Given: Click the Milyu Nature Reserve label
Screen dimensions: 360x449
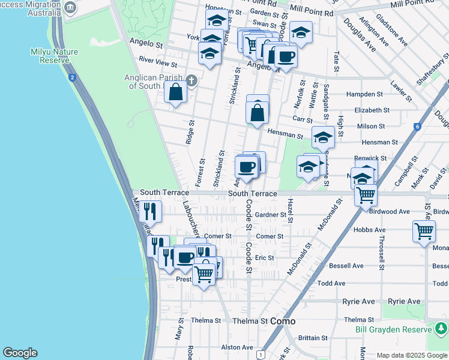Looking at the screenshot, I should (x=54, y=56).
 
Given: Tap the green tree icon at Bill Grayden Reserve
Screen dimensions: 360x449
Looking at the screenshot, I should (x=441, y=329).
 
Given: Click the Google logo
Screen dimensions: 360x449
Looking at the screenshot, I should (x=20, y=353).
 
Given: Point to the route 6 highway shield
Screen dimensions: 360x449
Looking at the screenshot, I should (x=417, y=127).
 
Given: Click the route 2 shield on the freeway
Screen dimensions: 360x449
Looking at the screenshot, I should (x=72, y=77).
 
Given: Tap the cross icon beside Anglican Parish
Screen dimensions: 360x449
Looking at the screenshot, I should (x=191, y=80).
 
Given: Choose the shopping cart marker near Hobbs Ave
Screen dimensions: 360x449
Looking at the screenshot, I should (x=424, y=230).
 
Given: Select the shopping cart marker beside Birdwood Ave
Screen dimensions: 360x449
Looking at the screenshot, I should (x=366, y=194).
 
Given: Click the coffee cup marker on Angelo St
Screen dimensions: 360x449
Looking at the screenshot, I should (x=285, y=57).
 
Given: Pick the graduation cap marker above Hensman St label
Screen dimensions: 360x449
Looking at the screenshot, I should (x=323, y=137).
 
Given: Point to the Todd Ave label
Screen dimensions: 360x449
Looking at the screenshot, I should (x=331, y=283).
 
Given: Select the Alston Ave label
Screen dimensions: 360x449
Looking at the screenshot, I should (x=237, y=347).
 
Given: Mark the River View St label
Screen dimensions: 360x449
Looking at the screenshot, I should (x=158, y=61).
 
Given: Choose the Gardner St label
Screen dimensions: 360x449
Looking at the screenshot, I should (x=270, y=215).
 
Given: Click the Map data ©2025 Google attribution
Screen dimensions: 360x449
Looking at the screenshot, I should (x=412, y=355).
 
